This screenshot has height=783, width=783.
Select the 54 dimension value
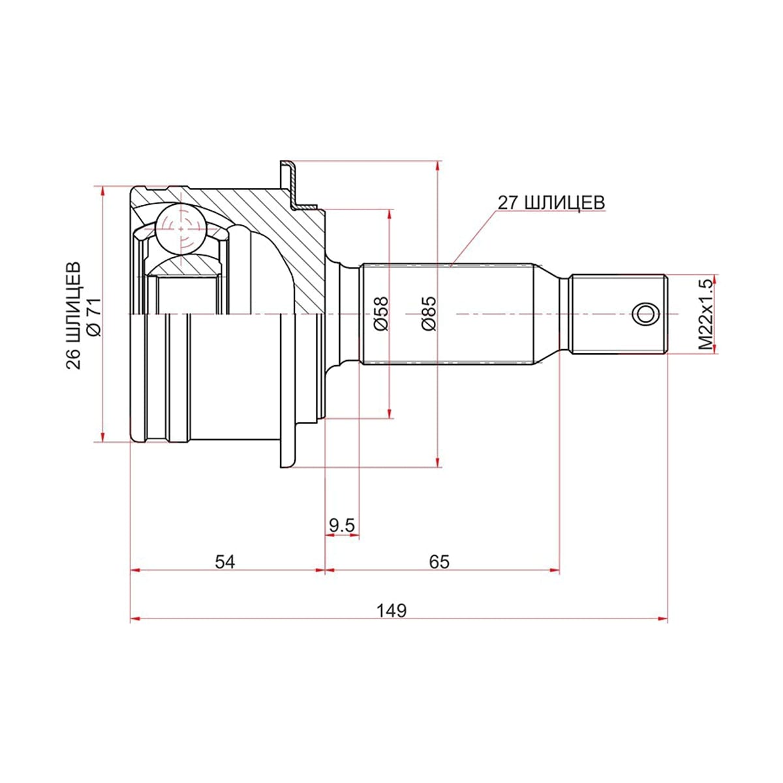pyautogui.click(x=224, y=562)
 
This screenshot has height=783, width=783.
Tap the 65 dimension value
pyautogui.click(x=439, y=562)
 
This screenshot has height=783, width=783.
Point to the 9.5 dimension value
pyautogui.click(x=342, y=525)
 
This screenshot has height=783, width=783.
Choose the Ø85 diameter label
pyautogui.click(x=429, y=314)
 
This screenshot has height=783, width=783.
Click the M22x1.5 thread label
pyautogui.click(x=706, y=314)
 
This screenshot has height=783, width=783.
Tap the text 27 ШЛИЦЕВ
pyautogui.click(x=551, y=202)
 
